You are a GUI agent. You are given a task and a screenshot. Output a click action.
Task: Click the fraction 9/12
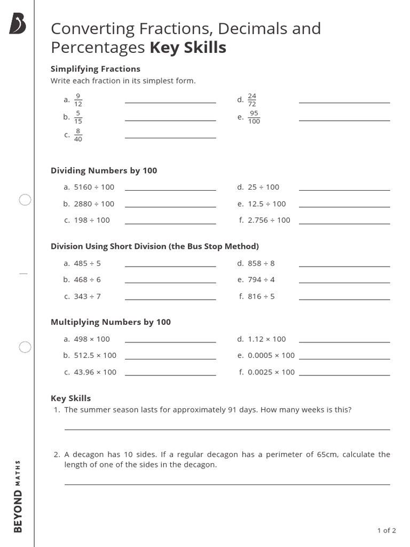(x=78, y=100)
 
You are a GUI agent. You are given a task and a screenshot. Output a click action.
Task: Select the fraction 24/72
(x=252, y=100)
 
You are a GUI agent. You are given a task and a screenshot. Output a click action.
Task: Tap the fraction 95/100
(x=254, y=117)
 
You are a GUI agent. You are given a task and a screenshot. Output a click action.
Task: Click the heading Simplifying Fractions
(x=95, y=69)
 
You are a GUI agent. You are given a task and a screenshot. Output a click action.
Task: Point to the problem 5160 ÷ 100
(x=94, y=187)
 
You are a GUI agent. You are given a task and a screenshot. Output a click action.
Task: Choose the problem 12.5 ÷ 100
(x=266, y=204)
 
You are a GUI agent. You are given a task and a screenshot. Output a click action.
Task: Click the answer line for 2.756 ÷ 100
(x=344, y=224)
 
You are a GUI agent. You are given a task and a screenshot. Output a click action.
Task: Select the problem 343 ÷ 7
(x=87, y=296)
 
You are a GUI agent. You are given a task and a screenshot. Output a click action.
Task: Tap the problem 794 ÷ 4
(x=261, y=279)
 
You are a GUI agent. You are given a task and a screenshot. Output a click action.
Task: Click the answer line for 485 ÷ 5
(x=170, y=267)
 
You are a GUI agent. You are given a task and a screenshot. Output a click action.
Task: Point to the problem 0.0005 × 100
(x=271, y=355)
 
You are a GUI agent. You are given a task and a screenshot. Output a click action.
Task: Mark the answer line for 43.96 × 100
(x=170, y=376)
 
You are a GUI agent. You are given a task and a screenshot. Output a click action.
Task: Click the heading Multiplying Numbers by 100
(x=111, y=322)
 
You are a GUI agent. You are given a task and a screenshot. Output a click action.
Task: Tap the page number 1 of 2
(x=386, y=530)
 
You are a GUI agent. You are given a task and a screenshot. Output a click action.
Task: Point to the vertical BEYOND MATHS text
(x=18, y=496)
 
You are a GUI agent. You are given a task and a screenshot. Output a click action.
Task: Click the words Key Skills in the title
(x=188, y=48)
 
